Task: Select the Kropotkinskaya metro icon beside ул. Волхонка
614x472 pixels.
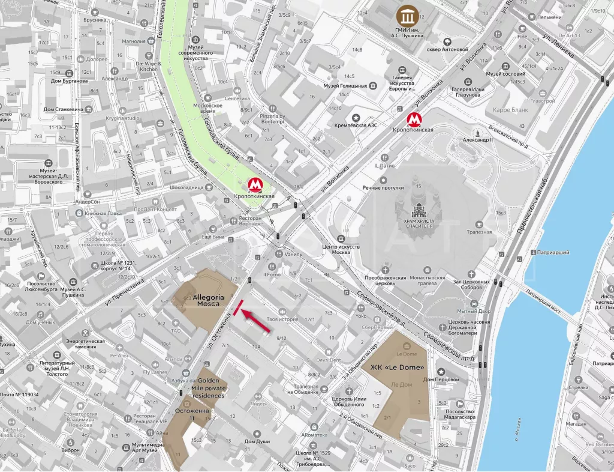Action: [x=413, y=119]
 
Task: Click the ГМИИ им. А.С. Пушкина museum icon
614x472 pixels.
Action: [x=408, y=14]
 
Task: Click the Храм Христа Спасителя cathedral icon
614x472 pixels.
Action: [x=418, y=210]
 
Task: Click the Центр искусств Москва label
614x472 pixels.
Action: [x=341, y=250]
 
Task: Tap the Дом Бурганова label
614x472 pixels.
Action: [x=69, y=80]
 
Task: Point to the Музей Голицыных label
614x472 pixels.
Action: [x=345, y=86]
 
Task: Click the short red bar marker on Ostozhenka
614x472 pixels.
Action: [x=238, y=307]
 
